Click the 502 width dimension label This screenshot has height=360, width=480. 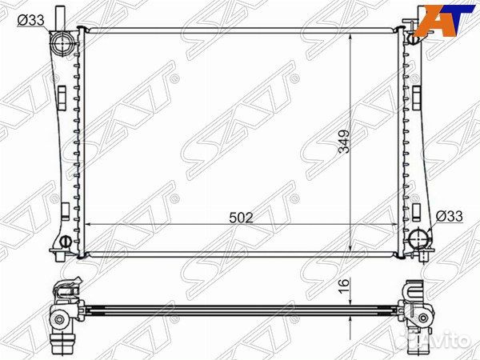(242, 218)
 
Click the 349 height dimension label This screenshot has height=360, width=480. (344, 142)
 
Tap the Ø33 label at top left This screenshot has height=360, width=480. (31, 21)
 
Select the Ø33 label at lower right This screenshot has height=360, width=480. (449, 216)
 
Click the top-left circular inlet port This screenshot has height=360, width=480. (62, 43)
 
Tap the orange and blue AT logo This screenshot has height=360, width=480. (444, 21)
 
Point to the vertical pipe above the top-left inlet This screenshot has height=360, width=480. (60, 18)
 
